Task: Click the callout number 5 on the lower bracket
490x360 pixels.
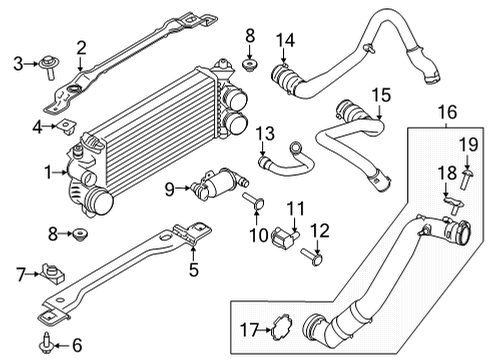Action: click(194, 267)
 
